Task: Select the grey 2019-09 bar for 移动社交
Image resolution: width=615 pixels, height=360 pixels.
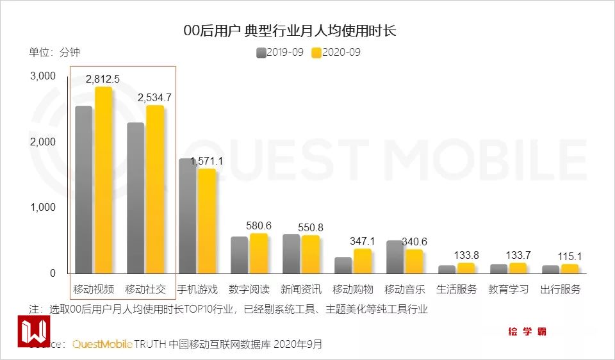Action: tap(136, 198)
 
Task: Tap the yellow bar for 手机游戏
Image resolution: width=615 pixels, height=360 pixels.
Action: tap(207, 221)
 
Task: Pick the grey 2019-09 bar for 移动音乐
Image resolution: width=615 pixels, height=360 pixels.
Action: tap(395, 257)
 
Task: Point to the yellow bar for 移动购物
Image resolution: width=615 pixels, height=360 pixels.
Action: tap(363, 261)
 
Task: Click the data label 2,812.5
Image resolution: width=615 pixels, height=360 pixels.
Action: tap(104, 79)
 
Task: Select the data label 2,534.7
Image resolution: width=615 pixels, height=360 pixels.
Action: tap(155, 97)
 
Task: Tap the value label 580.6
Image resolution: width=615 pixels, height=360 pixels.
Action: tap(259, 225)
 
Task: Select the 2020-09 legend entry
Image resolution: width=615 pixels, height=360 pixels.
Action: tap(336, 52)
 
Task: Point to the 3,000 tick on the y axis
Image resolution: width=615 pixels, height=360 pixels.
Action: tap(44, 76)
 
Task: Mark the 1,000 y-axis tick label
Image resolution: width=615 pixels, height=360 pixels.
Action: tap(44, 208)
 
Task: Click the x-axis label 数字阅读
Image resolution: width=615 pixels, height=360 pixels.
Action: tap(249, 289)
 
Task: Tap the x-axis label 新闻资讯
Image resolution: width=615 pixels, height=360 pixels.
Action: tap(301, 289)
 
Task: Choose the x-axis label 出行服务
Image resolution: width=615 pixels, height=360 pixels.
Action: tap(561, 289)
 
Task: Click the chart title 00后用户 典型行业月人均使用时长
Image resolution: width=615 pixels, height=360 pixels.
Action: tap(290, 30)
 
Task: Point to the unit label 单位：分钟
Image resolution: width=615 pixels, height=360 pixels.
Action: tap(54, 52)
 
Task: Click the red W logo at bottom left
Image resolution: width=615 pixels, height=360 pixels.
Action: tap(33, 331)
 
